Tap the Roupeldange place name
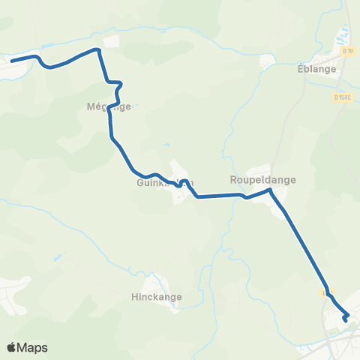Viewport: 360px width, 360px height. (x=262, y=180)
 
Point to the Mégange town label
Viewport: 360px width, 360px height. (x=109, y=106)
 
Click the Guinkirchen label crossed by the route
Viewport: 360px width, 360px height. (x=166, y=181)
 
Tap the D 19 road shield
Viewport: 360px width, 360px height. (x=347, y=51)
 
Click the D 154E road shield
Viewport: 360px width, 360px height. (x=345, y=97)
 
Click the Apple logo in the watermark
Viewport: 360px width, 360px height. (x=12, y=347)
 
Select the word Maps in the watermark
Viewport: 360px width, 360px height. (x=33, y=347)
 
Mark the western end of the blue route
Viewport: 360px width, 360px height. (x=12, y=60)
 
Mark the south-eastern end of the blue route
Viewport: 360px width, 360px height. (x=345, y=321)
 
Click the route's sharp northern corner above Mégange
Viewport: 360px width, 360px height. (x=98, y=49)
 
